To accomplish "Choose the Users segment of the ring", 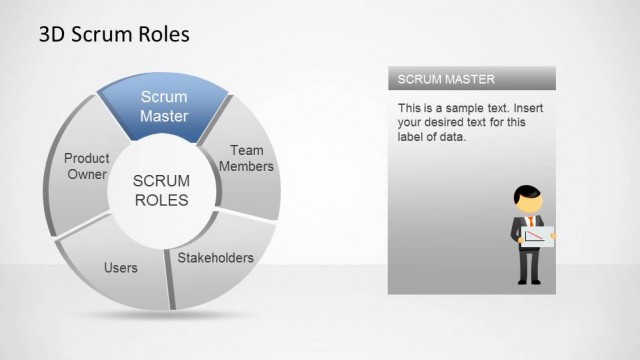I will pos(120,268).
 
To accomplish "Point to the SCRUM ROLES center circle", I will pos(160,190).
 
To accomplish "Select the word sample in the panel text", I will pos(461,107).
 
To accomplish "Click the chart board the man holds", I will pos(536,237).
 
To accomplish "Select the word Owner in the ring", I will pos(87,175).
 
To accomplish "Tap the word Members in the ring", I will pos(246,167).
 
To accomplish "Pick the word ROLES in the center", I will pos(160,200).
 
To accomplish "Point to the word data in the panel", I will pos(454,137).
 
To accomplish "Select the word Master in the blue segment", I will pos(164,116).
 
